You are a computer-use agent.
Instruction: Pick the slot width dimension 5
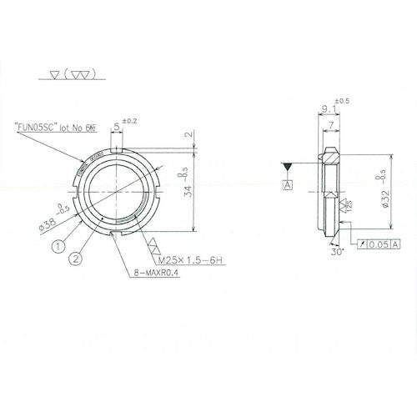click(x=117, y=128)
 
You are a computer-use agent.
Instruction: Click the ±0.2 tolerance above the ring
click(x=130, y=122)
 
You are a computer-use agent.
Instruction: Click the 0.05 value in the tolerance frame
click(x=379, y=244)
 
